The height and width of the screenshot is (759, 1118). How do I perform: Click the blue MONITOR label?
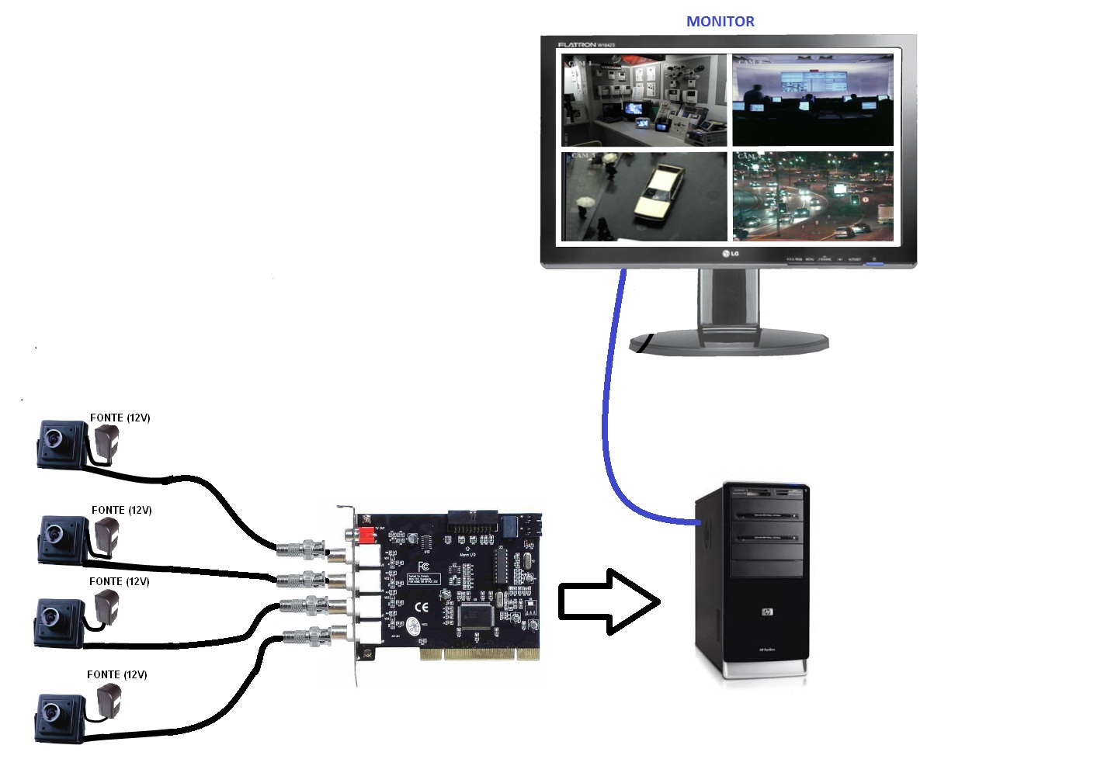(x=720, y=22)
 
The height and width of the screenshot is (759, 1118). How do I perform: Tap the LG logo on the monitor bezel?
(x=730, y=254)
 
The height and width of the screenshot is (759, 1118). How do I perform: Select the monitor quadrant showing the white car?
(x=644, y=196)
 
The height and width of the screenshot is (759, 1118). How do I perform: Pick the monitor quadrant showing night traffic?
(x=813, y=196)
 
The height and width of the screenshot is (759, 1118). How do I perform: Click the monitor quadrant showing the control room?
(x=813, y=99)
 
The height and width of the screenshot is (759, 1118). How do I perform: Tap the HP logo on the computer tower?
(x=767, y=612)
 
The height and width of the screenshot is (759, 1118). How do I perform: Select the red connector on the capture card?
(x=365, y=535)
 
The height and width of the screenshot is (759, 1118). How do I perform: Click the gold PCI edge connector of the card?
(x=479, y=653)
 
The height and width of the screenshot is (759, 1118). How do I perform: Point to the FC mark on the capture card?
(x=424, y=568)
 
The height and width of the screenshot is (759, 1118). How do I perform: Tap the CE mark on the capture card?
(x=422, y=607)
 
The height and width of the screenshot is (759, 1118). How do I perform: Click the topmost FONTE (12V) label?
(x=120, y=418)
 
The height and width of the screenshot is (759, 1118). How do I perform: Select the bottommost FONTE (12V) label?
(x=117, y=674)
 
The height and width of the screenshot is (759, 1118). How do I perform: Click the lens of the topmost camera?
(x=54, y=438)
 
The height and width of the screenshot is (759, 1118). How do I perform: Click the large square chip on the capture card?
(x=476, y=615)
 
